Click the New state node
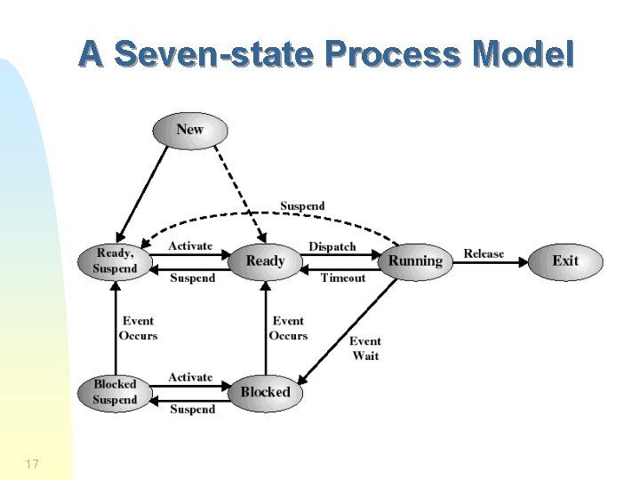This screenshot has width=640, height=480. (x=190, y=130)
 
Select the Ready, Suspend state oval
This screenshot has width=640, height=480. (x=116, y=260)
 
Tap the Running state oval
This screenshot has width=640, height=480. (x=415, y=260)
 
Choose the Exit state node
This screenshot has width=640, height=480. (x=565, y=260)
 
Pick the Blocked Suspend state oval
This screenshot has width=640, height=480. (x=116, y=392)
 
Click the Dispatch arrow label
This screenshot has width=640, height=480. (x=332, y=246)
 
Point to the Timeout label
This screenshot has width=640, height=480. (x=343, y=278)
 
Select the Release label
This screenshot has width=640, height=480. (x=484, y=254)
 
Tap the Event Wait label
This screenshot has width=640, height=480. (x=365, y=348)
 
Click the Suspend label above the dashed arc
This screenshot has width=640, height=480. (x=302, y=206)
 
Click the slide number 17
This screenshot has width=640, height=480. (x=32, y=464)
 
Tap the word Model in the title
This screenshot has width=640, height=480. (x=525, y=55)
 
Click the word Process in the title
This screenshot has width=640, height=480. (x=394, y=55)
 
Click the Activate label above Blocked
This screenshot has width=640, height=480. (x=190, y=377)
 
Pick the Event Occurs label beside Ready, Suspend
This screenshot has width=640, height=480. (x=138, y=328)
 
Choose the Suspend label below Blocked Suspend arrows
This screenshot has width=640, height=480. (x=192, y=410)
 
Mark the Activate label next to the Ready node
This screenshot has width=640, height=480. (x=190, y=246)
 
